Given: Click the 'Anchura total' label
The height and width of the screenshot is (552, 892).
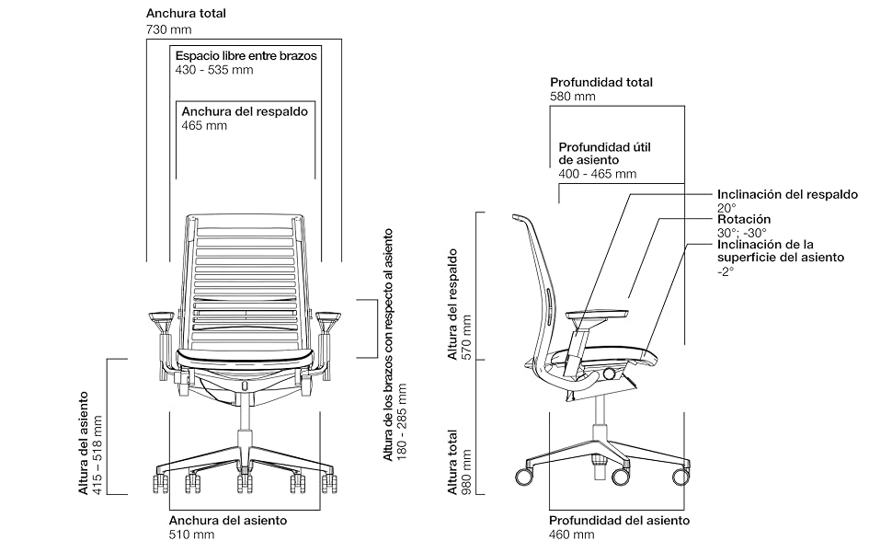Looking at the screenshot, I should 186,14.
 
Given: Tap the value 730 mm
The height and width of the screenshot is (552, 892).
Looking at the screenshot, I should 169,30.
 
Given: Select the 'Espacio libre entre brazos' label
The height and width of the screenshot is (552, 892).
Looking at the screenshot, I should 246,55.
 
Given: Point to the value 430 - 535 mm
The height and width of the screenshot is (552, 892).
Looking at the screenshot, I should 213,70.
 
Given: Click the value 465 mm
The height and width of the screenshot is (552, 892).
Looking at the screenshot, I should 203,126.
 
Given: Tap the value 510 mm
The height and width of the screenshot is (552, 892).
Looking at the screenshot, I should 192,535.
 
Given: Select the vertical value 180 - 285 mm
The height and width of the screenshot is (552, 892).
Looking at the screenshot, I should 403,422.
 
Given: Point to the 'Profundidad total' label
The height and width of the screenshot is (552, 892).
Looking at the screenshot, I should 600,82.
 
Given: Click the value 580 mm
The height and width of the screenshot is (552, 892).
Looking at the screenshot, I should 572,97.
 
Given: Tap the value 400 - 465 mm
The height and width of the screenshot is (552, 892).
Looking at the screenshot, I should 597,174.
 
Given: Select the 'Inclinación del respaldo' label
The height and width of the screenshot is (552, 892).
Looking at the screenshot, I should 787,194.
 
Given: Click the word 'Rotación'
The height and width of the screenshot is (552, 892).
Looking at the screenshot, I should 744,220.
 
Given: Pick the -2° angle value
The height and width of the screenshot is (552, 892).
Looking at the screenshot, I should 726,272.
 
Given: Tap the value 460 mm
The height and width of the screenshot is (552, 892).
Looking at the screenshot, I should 572,535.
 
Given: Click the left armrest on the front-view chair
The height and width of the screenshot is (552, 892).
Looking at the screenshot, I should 162,317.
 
